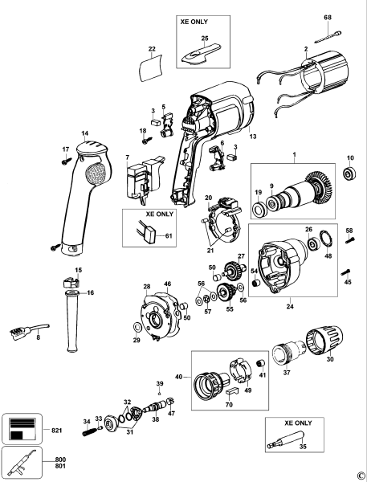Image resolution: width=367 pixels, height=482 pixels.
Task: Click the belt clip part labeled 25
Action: (x=206, y=55)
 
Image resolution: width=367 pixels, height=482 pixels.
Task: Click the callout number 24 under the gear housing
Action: (x=291, y=304)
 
